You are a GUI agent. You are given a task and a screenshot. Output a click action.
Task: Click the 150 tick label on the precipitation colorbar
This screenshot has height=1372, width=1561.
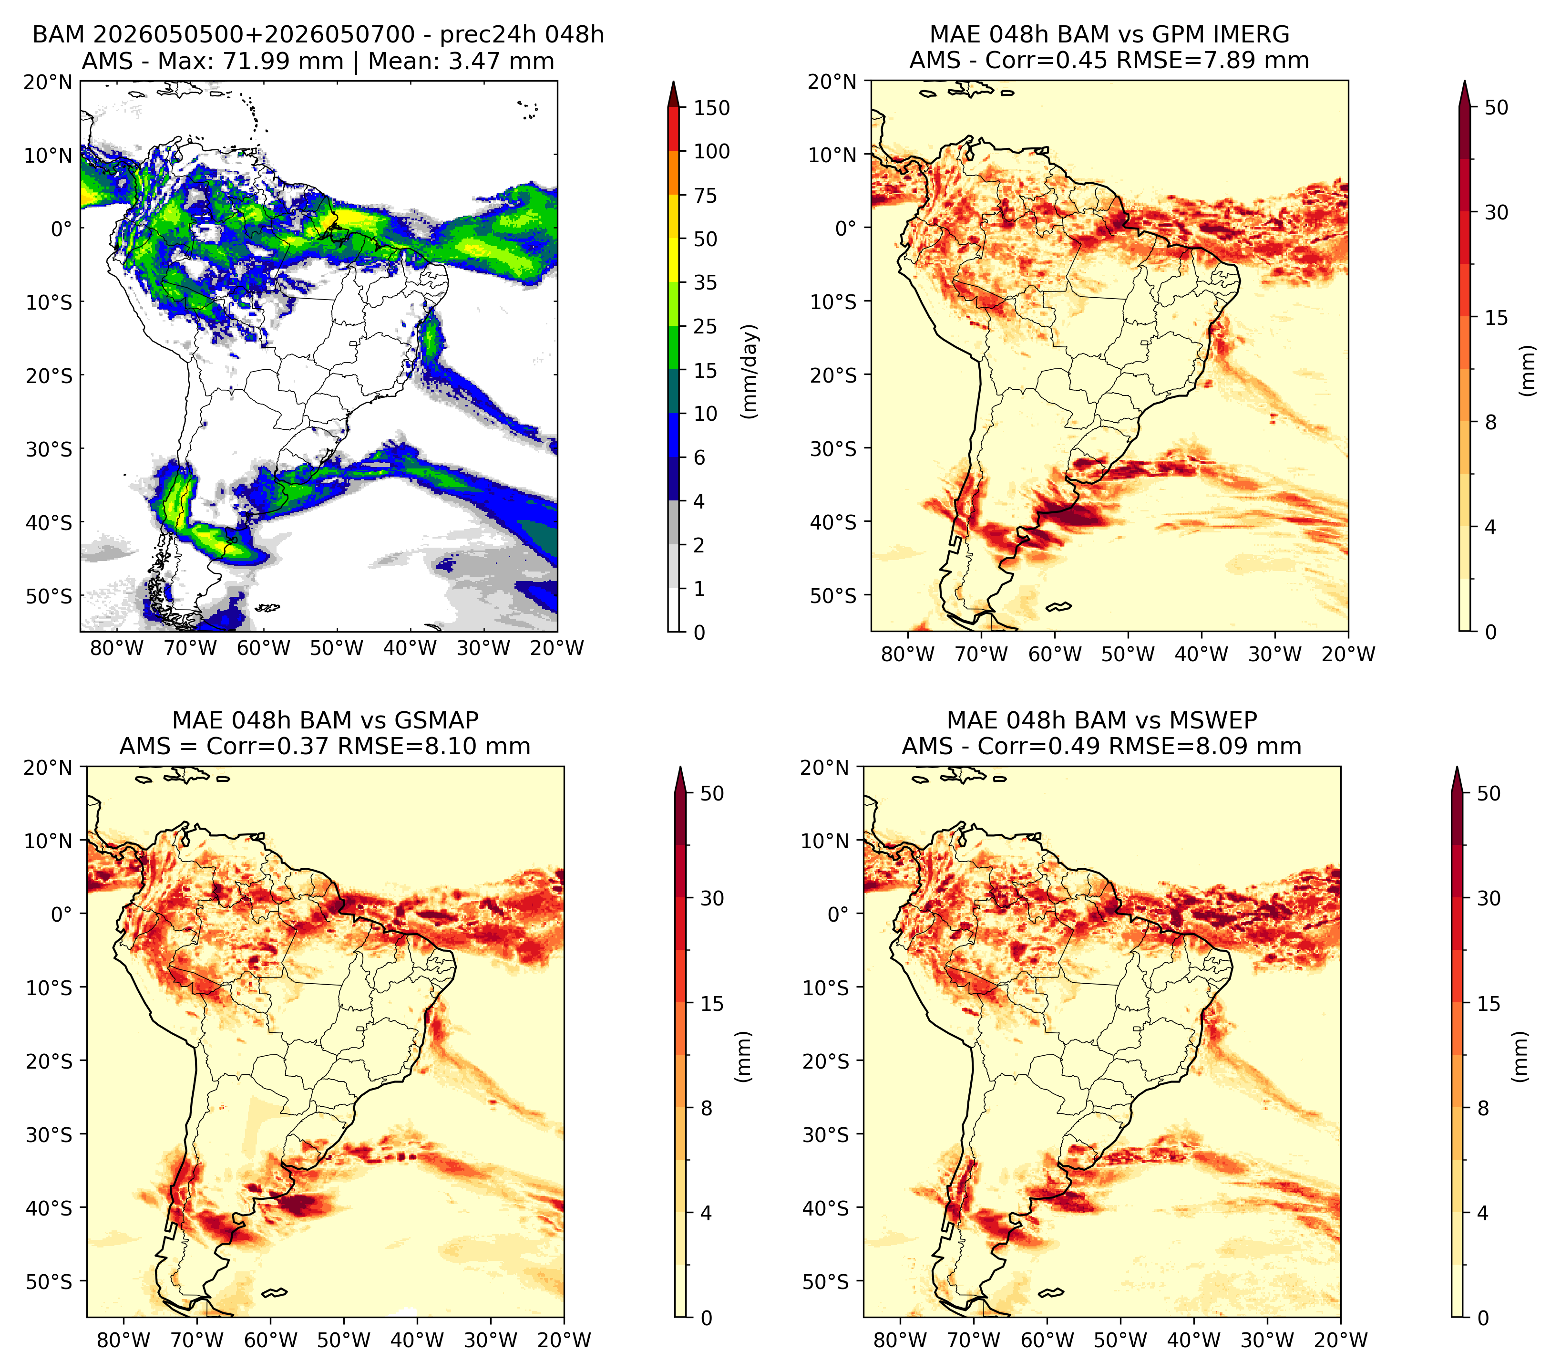coord(711,108)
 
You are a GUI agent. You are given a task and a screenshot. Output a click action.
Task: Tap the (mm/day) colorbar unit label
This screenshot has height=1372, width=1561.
coord(751,371)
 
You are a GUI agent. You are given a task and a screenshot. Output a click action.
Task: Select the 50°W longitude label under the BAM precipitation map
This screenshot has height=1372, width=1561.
coord(336,649)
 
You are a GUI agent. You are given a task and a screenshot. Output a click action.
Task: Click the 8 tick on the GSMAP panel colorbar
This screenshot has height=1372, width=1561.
coord(707,1109)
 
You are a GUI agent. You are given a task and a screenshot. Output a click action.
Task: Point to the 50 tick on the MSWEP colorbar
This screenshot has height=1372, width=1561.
coord(1489,794)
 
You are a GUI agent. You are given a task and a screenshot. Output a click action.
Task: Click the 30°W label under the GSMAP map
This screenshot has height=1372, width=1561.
coord(491,1340)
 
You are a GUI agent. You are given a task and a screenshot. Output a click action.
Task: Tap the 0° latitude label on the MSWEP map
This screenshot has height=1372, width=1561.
coord(839,915)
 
